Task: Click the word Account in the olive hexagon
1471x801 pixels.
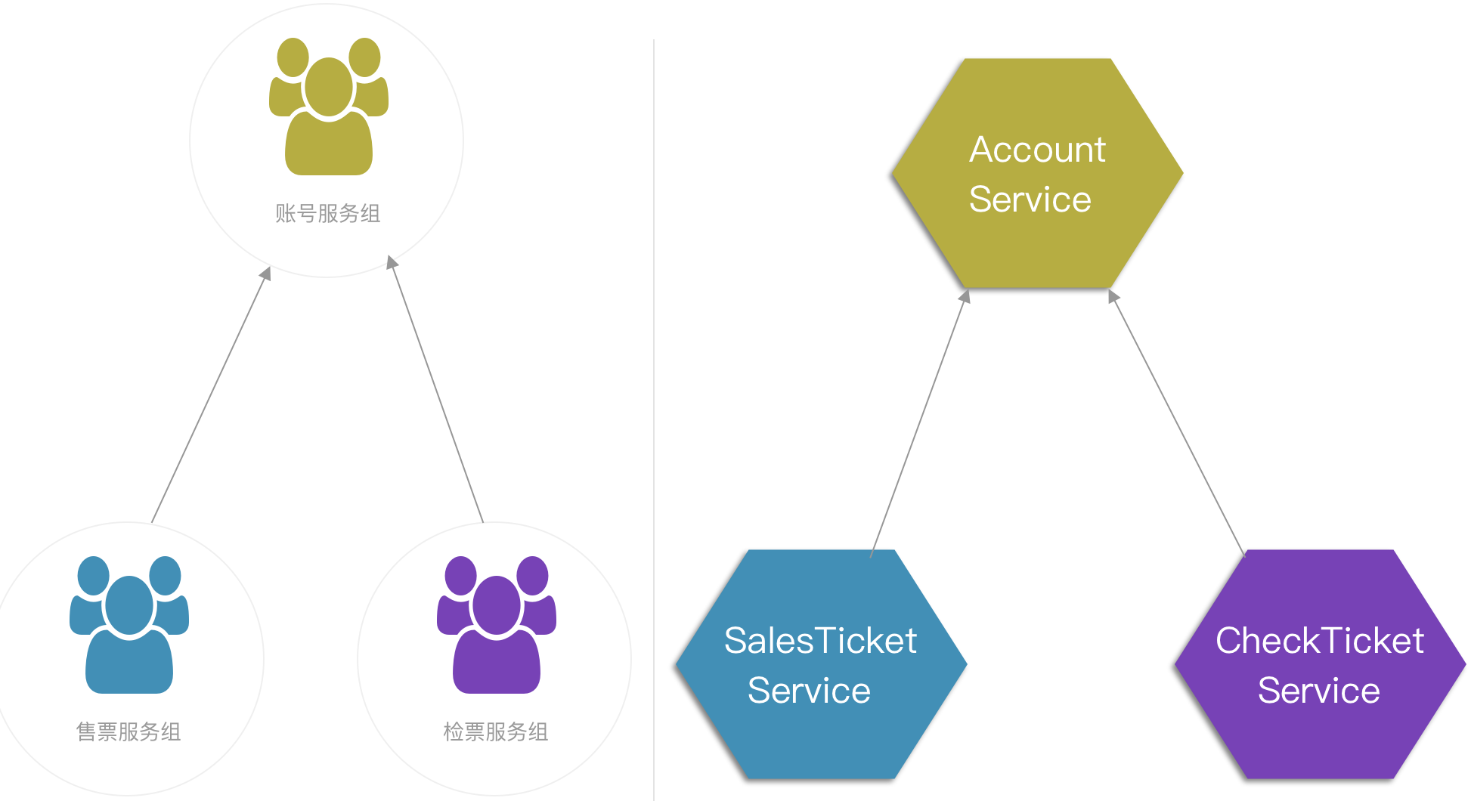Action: click(x=1037, y=150)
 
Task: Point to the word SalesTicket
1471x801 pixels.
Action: click(x=820, y=641)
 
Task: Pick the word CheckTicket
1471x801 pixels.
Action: click(x=1320, y=641)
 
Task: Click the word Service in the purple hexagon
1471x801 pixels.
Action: click(x=1319, y=691)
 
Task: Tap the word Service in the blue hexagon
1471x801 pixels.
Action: click(x=809, y=691)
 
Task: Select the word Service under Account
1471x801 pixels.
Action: click(x=1030, y=199)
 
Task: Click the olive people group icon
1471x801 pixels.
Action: click(x=329, y=107)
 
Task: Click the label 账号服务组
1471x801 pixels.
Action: click(x=328, y=214)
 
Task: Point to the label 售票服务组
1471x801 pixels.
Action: click(x=129, y=731)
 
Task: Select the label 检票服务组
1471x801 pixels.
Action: click(x=496, y=731)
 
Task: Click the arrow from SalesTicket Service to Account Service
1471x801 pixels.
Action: click(x=919, y=423)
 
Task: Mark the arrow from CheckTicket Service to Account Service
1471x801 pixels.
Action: click(x=1177, y=423)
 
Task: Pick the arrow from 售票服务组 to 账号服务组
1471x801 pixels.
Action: click(x=210, y=395)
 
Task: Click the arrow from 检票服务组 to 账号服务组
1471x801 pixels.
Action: click(x=436, y=389)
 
